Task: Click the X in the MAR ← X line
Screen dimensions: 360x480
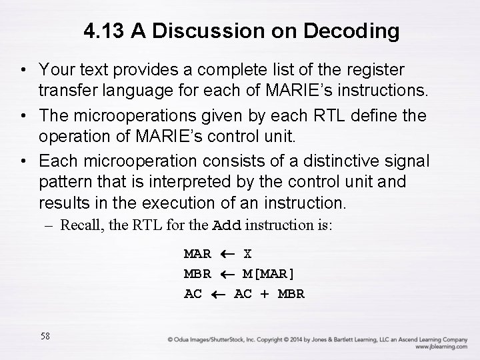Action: [247, 254]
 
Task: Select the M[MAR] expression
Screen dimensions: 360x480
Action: [269, 274]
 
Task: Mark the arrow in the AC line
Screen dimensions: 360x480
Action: [217, 294]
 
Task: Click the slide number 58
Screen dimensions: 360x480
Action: [45, 336]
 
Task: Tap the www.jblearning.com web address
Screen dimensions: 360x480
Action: [441, 347]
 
